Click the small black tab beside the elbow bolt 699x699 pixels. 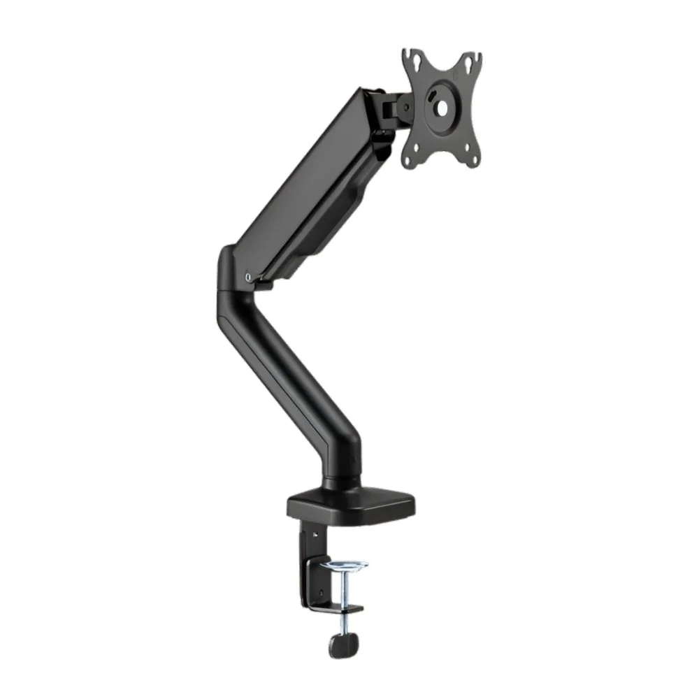click(x=264, y=283)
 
